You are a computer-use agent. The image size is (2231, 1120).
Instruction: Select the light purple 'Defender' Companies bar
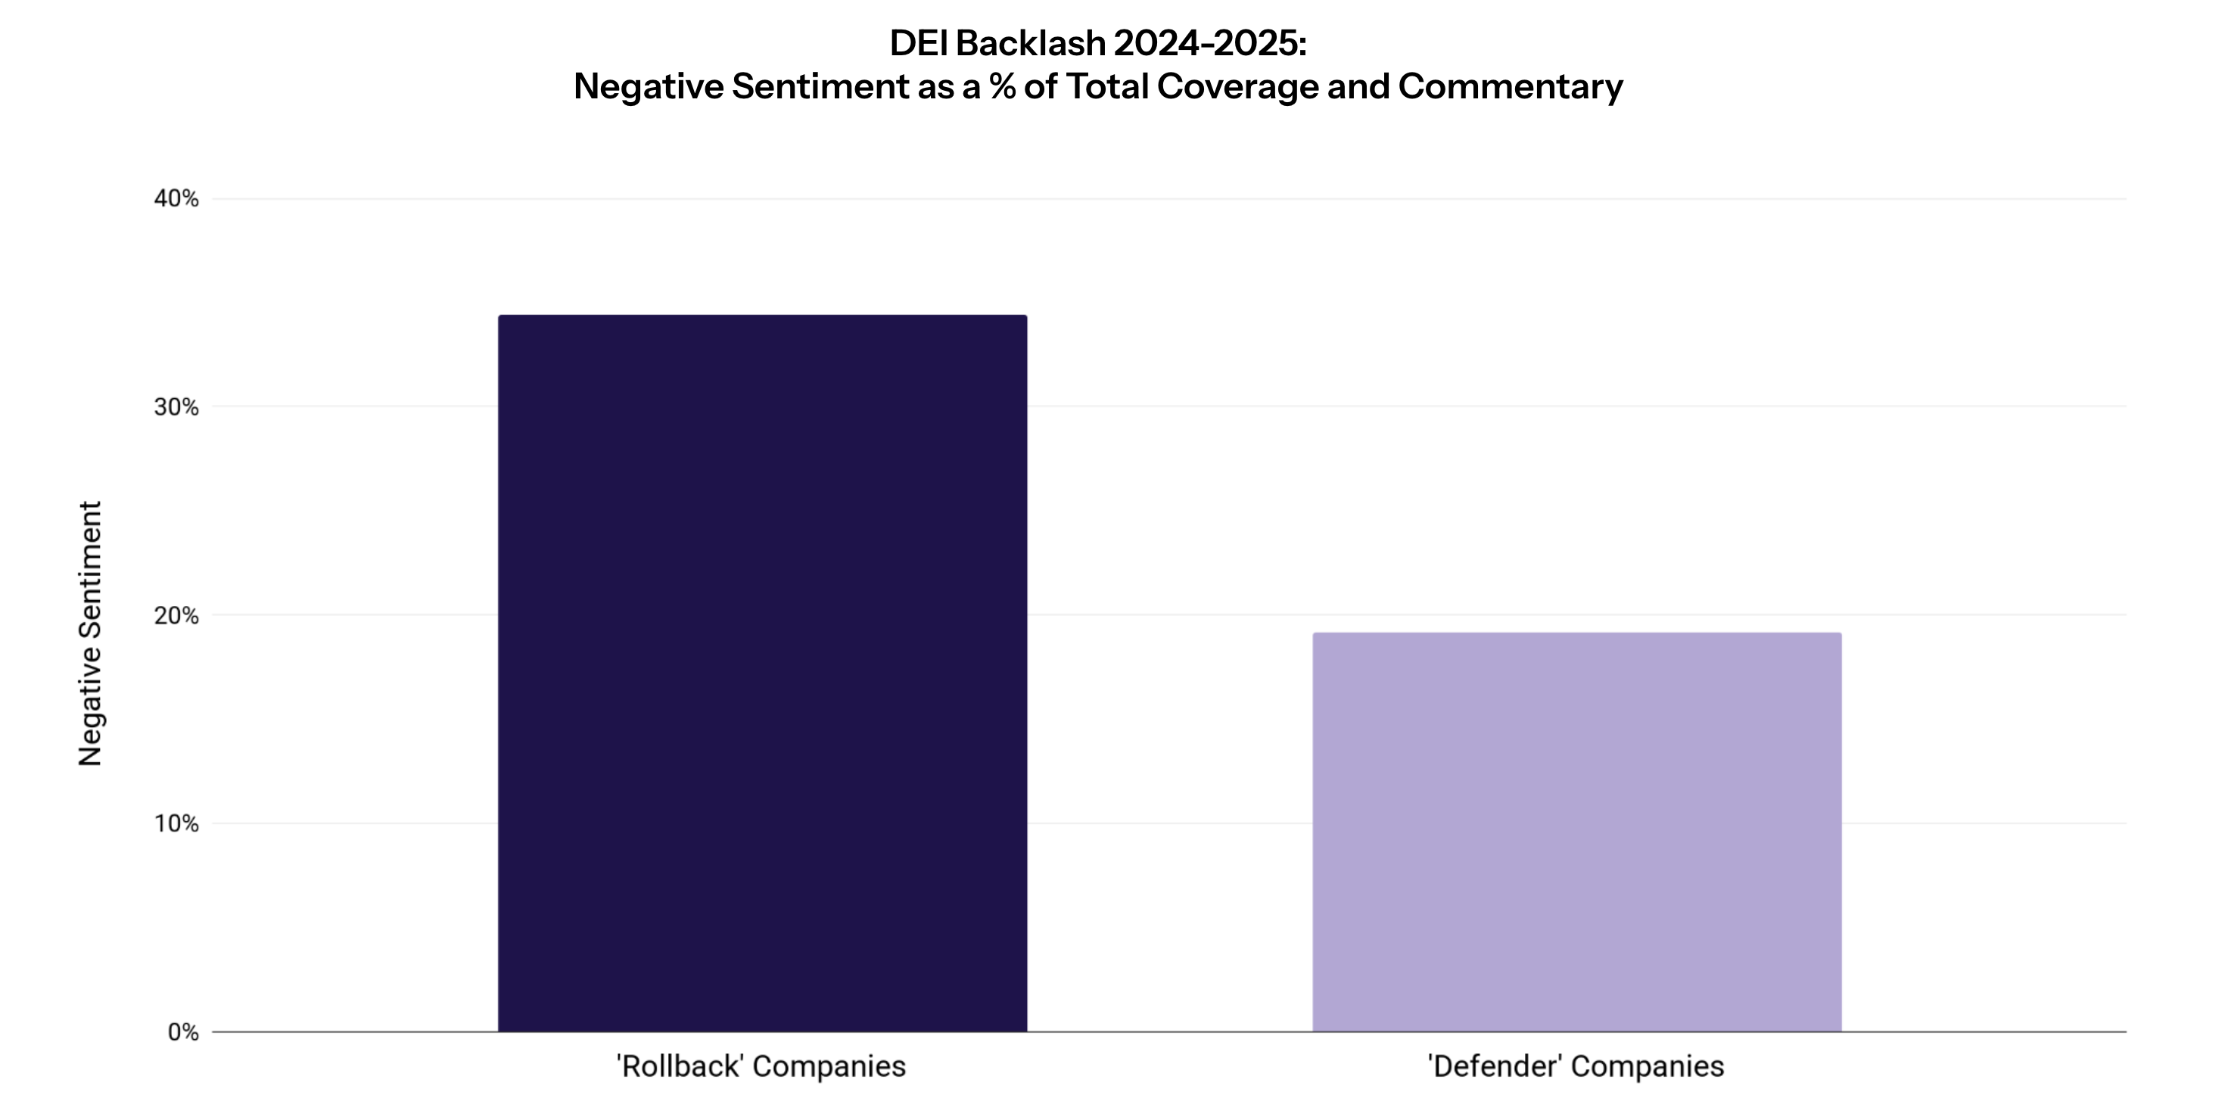[1576, 832]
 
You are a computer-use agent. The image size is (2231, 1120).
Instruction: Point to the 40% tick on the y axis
[176, 199]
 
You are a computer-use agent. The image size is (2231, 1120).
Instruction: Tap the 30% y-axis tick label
[176, 407]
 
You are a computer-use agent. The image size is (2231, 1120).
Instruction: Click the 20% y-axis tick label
[176, 616]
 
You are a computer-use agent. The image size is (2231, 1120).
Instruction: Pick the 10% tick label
[176, 824]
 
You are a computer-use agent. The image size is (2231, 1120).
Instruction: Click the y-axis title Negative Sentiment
[91, 633]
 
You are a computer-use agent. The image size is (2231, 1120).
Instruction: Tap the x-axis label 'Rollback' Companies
[761, 1066]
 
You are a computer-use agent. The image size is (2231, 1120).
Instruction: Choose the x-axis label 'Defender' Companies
[1576, 1066]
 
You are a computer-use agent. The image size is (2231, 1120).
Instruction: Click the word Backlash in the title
[1031, 43]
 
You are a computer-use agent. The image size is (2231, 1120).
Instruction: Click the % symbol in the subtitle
[1002, 86]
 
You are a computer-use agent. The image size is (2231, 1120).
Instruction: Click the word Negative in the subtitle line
[648, 86]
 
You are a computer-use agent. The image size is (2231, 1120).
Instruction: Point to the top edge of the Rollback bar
[762, 316]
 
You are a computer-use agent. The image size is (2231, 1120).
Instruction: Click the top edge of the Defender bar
[1576, 634]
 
